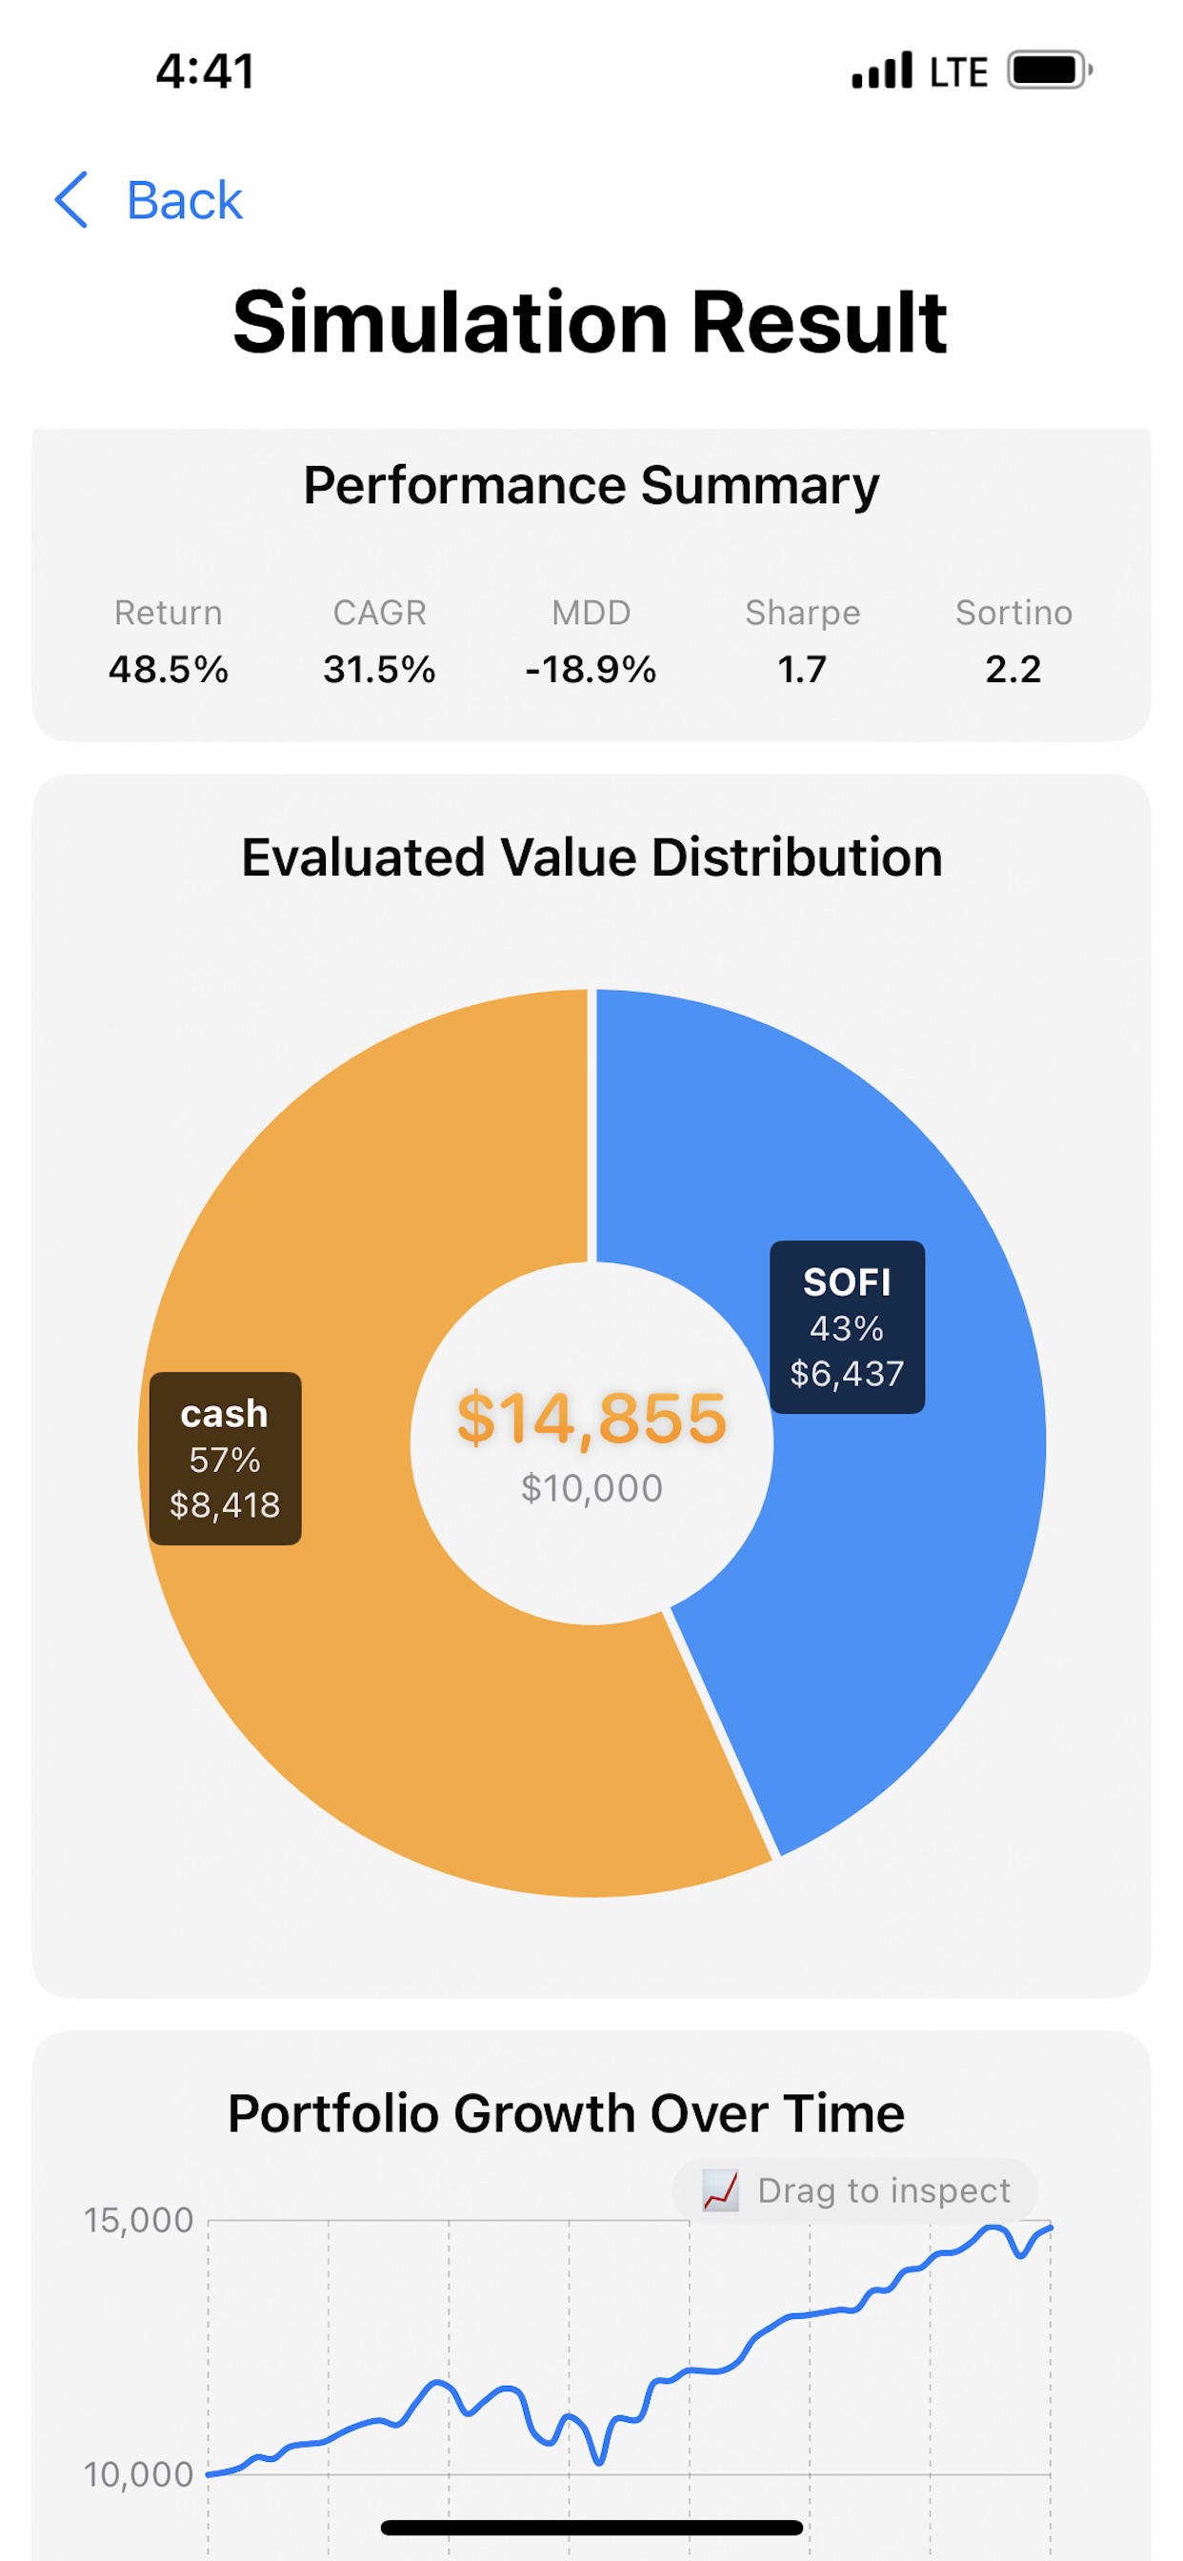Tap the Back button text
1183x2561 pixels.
coord(184,201)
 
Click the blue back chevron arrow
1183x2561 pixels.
coord(71,200)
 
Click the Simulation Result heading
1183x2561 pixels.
coord(591,322)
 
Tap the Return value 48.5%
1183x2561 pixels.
coord(168,669)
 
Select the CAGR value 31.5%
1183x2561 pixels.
coord(379,669)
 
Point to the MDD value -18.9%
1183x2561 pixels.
coord(591,669)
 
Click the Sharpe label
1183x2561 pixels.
coord(802,613)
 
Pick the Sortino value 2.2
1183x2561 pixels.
coord(1013,669)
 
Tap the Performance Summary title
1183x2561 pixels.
coord(591,485)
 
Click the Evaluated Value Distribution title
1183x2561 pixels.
coord(591,857)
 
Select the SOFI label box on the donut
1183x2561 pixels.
coord(847,1327)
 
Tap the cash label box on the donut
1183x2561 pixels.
coord(225,1459)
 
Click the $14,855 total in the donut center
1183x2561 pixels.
coord(591,1418)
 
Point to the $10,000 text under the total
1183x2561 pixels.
coord(591,1488)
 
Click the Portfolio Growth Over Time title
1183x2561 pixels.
coord(566,2112)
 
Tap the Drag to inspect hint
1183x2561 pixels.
coord(857,2190)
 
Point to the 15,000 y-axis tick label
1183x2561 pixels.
coord(138,2220)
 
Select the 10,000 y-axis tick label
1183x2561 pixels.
coord(138,2474)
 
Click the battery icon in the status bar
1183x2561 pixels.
coord(1049,71)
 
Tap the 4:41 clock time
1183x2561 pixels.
coord(206,71)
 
